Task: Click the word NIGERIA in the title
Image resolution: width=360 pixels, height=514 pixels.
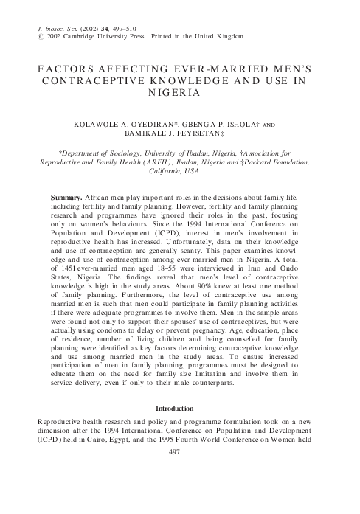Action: coord(180,94)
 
